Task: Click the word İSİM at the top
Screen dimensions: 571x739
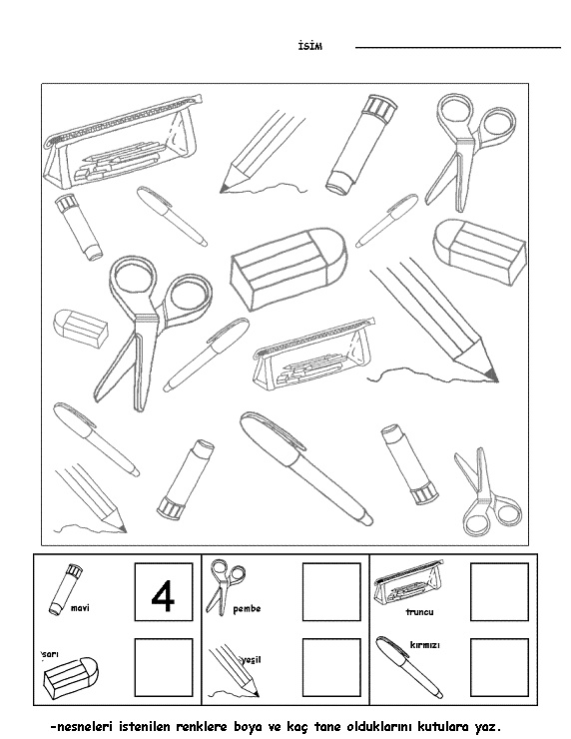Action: (310, 46)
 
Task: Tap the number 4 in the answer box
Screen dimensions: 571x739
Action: (163, 596)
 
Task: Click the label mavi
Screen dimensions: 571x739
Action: (80, 608)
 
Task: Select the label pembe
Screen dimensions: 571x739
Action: (247, 609)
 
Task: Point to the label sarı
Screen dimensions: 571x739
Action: (50, 654)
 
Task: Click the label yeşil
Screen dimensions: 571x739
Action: (252, 660)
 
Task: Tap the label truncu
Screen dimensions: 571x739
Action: (419, 612)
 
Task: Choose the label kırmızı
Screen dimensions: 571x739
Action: (424, 645)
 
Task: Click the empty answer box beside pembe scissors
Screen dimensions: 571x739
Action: (331, 591)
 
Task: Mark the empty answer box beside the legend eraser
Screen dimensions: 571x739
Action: (164, 667)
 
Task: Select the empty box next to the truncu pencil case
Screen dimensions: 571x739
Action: (499, 591)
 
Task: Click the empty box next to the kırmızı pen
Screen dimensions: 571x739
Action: (499, 667)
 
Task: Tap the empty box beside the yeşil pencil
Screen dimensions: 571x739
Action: (331, 667)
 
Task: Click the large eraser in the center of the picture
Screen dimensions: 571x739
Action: (288, 269)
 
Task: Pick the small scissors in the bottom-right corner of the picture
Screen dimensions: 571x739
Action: (487, 492)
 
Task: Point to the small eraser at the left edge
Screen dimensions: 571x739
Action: (81, 329)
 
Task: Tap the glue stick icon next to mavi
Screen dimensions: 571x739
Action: (66, 589)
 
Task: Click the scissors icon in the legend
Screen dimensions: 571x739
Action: (226, 587)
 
